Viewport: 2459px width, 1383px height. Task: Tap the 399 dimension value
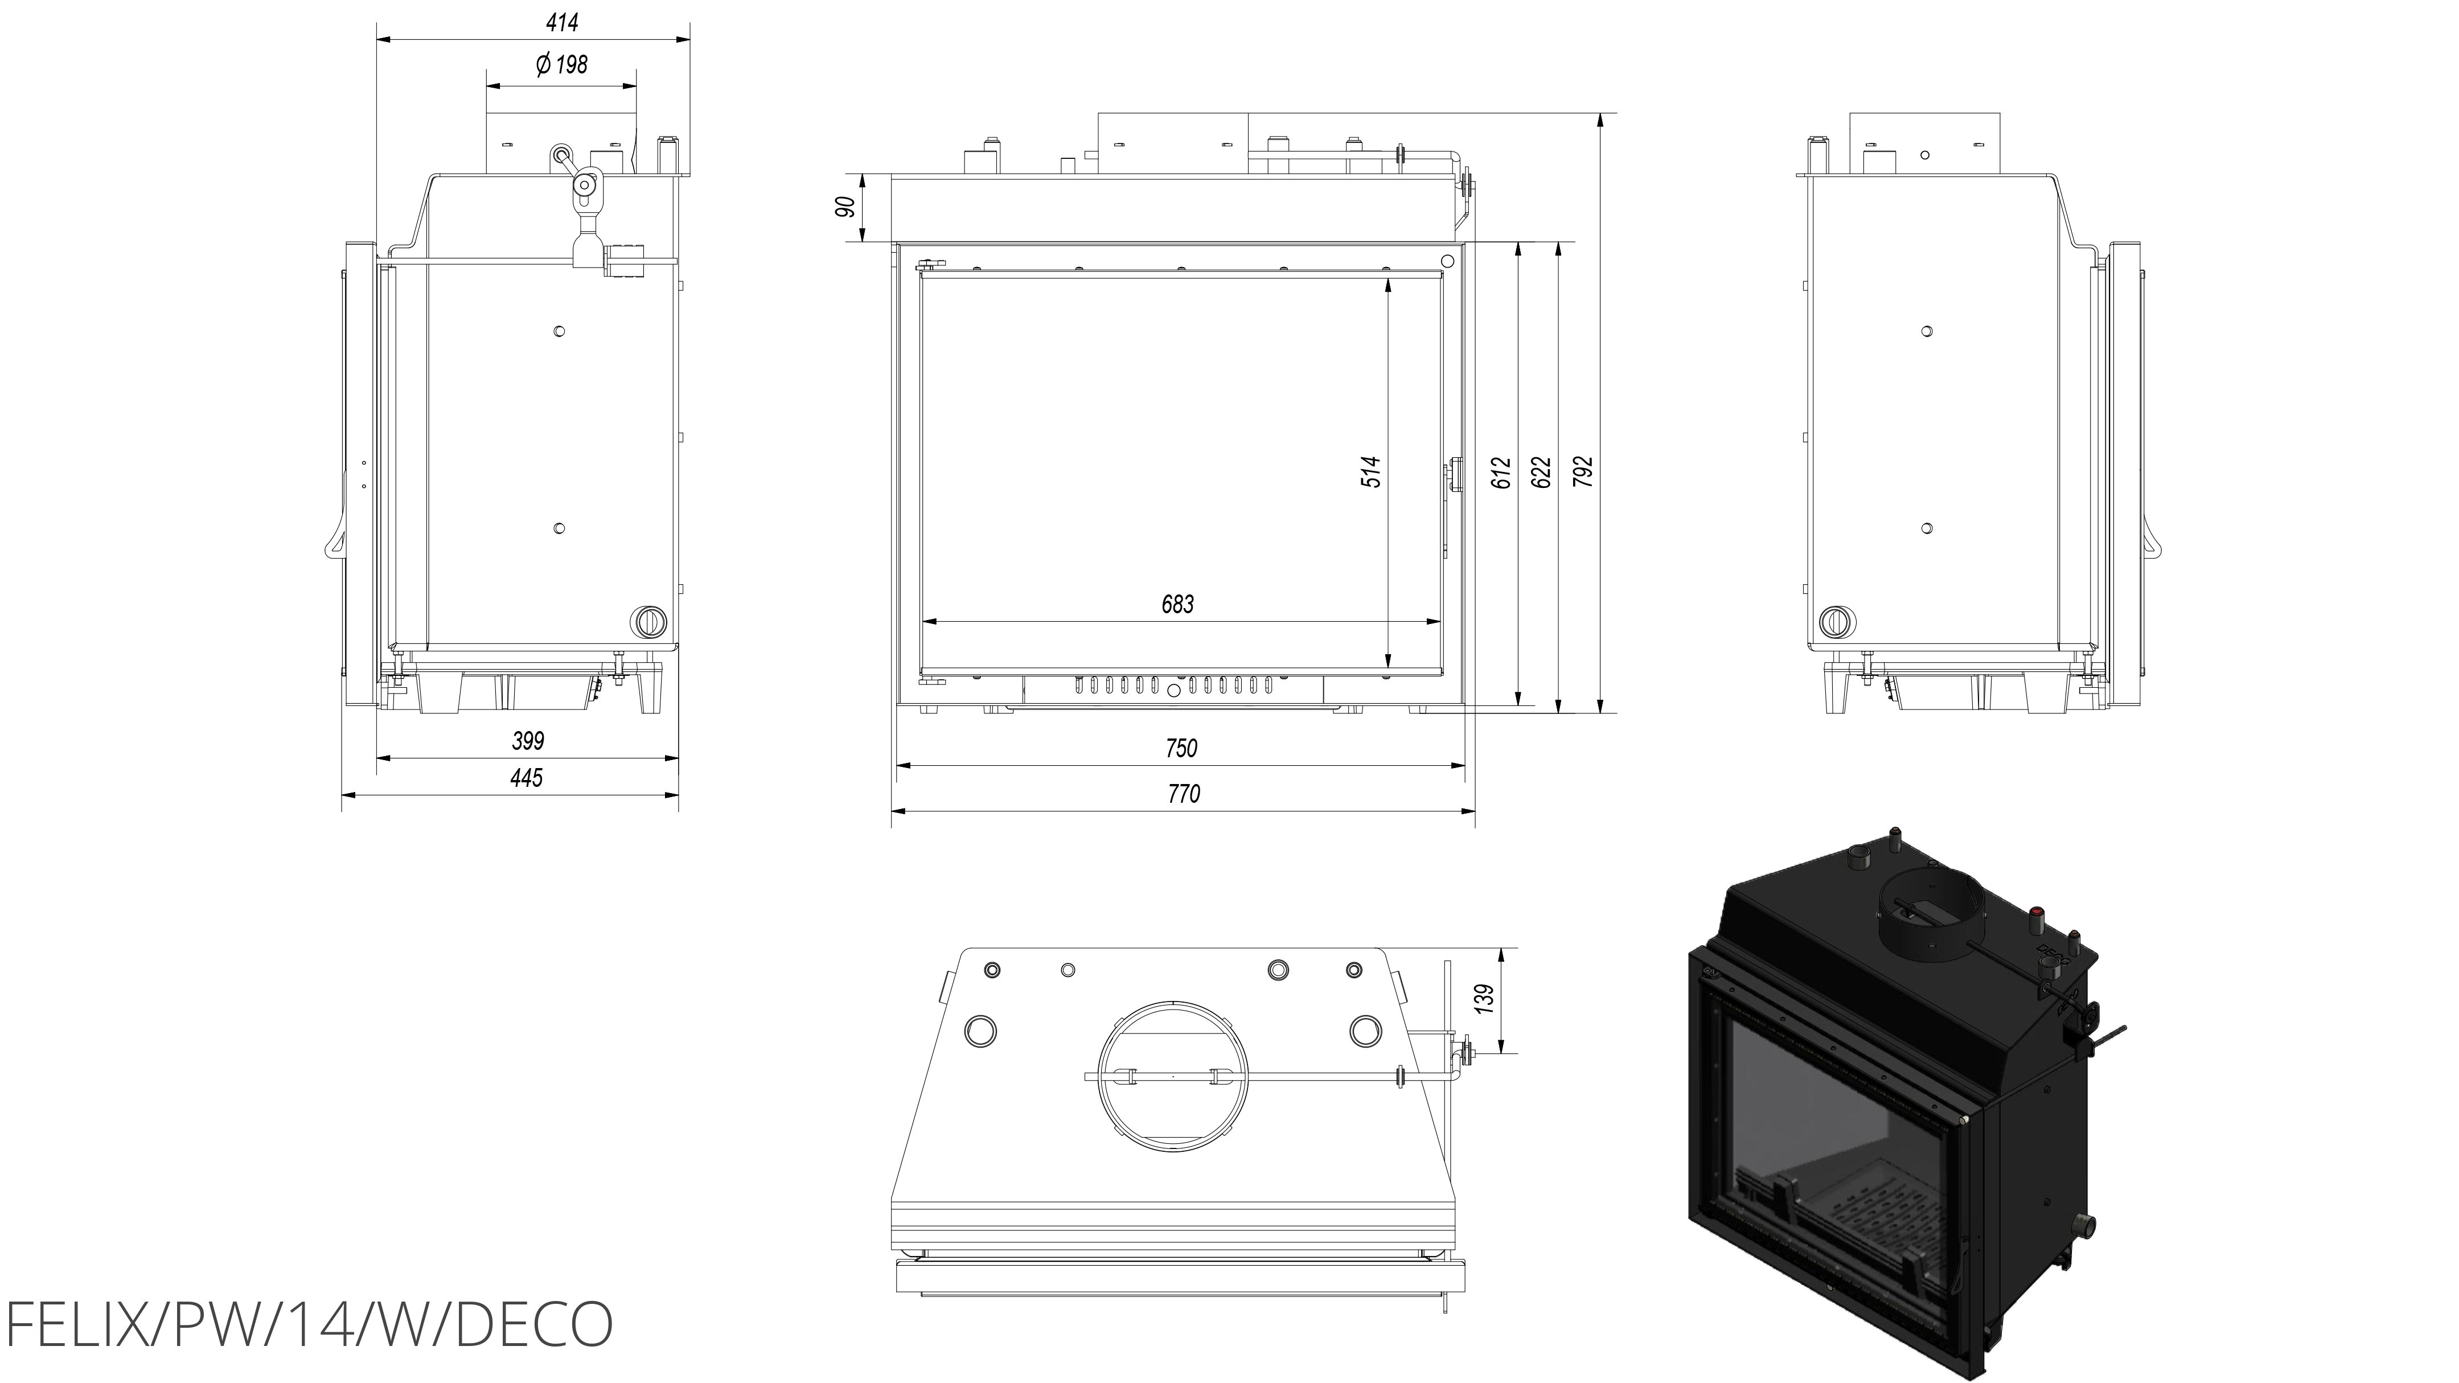click(x=528, y=741)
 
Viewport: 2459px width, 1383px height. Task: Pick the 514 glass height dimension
click(x=1371, y=471)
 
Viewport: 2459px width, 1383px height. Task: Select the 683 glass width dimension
click(x=1178, y=604)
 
